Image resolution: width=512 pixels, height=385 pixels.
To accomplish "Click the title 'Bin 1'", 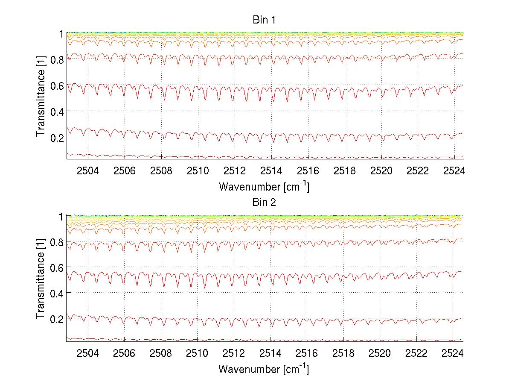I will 265,20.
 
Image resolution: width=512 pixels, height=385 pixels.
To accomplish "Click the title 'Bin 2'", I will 265,203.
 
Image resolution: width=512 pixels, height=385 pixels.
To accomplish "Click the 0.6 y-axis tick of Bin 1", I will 57,85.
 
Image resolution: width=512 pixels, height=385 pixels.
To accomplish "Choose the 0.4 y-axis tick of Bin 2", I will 57,293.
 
